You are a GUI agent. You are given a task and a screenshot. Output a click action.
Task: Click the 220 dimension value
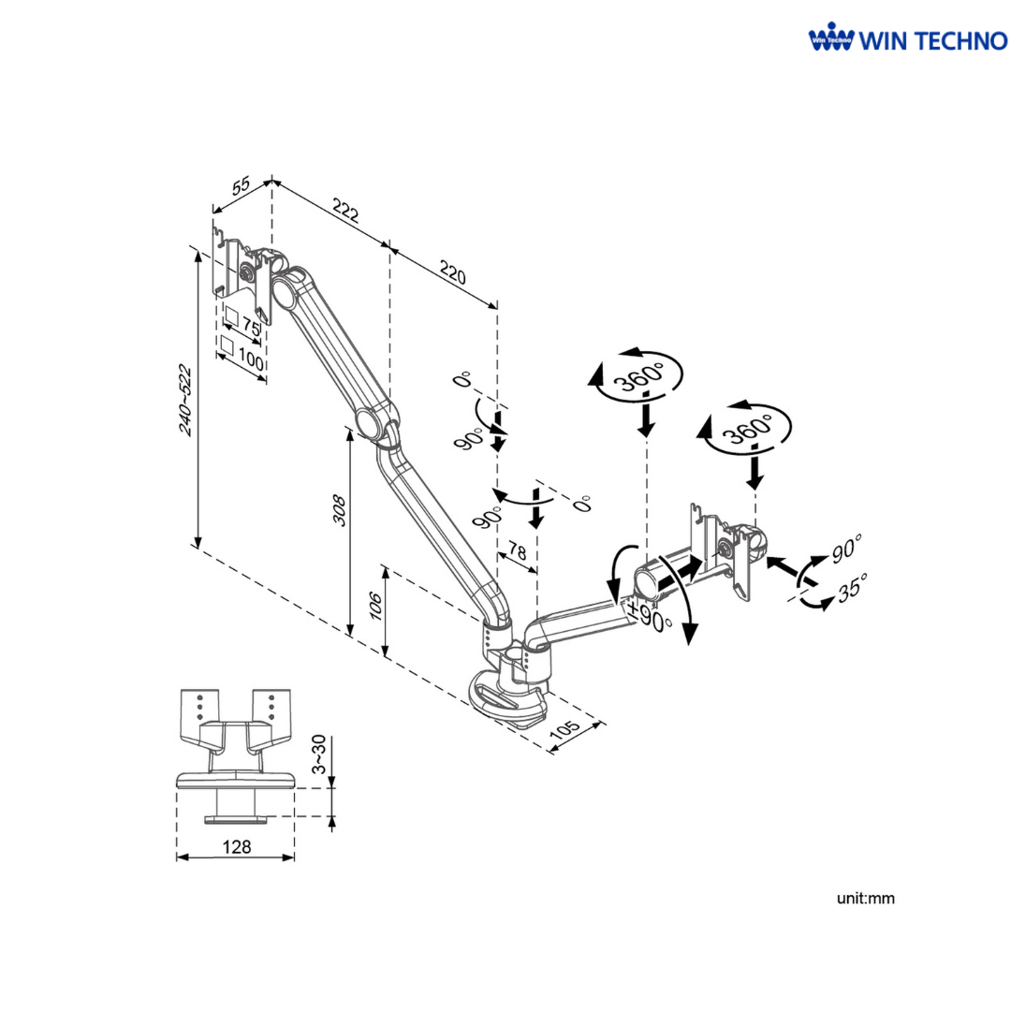point(452,273)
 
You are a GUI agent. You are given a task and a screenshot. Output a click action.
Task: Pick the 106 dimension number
point(375,609)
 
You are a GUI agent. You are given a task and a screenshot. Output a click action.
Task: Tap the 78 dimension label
point(517,548)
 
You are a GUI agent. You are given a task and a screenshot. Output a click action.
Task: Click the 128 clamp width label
point(237,846)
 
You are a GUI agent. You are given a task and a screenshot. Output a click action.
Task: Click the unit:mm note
point(866,899)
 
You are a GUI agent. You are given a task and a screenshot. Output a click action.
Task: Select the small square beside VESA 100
point(226,345)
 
